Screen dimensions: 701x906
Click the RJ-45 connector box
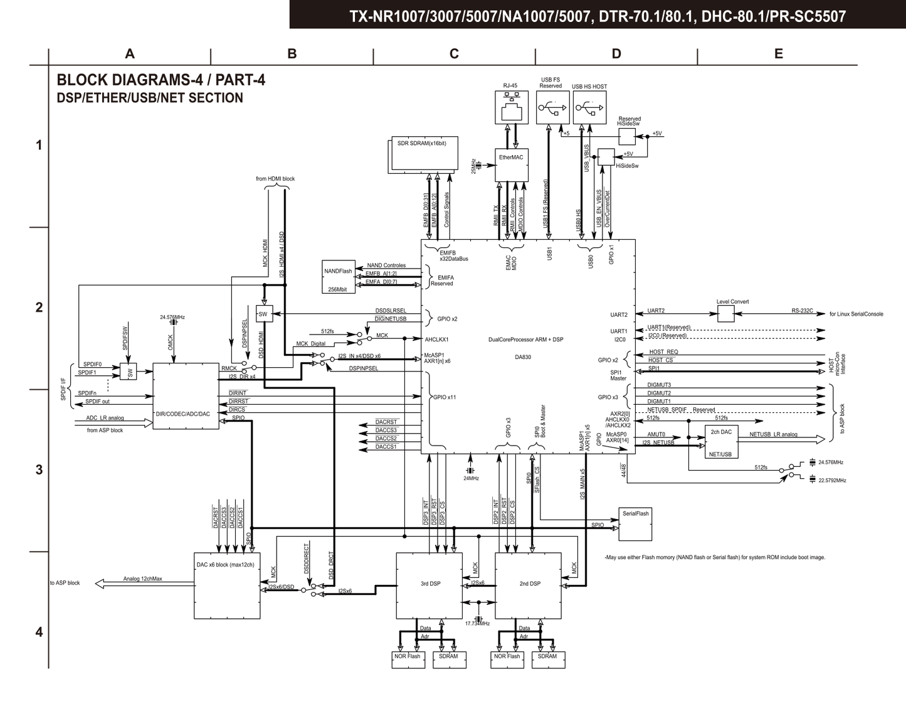(512, 108)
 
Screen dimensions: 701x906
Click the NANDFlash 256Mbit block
(338, 277)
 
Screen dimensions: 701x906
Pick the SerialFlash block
(635, 524)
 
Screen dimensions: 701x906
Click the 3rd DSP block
(429, 585)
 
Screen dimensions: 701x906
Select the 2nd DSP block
(528, 585)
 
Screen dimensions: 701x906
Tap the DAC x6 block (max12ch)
(227, 585)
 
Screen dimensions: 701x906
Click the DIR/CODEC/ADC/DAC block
(186, 396)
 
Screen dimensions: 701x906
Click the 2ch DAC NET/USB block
(721, 442)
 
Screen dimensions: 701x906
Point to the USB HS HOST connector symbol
(589, 108)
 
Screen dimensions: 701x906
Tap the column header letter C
(454, 54)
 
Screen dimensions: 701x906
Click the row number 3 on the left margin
(39, 470)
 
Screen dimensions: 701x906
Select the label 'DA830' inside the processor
(522, 357)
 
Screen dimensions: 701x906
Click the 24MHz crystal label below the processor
(471, 478)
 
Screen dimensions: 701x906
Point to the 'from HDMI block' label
(275, 179)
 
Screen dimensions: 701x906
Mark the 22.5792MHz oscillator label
(832, 481)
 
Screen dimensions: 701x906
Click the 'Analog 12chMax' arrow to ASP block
(142, 583)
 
